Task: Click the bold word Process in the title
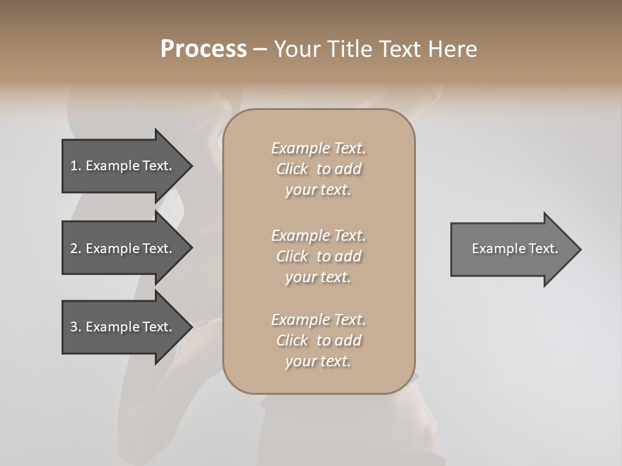[203, 49]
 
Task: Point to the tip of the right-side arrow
[579, 249]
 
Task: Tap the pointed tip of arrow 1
[190, 166]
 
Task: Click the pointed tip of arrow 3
[190, 327]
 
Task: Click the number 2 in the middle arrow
[74, 249]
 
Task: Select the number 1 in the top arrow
[74, 166]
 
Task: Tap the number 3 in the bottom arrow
[74, 327]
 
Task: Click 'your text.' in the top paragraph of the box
[318, 190]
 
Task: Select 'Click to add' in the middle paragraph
[318, 256]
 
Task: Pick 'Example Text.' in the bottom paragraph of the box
[318, 320]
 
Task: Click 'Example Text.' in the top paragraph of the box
[318, 148]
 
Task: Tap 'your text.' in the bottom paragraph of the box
[318, 362]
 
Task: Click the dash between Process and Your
[260, 50]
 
